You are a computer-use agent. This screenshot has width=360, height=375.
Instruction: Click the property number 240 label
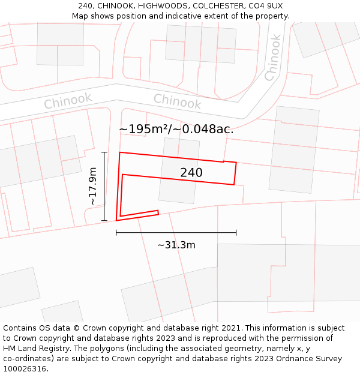pyautogui.click(x=191, y=173)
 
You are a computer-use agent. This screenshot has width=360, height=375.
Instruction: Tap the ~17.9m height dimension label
pyautogui.click(x=93, y=187)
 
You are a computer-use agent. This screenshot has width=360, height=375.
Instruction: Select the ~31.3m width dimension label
pyautogui.click(x=176, y=245)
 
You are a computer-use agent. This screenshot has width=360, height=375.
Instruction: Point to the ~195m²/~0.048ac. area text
pyautogui.click(x=176, y=129)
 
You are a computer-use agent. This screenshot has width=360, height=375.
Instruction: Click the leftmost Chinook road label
pyautogui.click(x=68, y=101)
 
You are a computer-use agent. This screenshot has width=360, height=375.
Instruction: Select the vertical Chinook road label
pyautogui.click(x=272, y=58)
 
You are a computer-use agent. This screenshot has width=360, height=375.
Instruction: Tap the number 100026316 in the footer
pyautogui.click(x=24, y=369)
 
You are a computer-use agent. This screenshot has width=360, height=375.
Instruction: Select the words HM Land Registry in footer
pyautogui.click(x=34, y=349)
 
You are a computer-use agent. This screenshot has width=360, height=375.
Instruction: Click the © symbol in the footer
pyautogui.click(x=76, y=328)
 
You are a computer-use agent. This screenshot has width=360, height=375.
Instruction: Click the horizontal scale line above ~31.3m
pyautogui.click(x=176, y=232)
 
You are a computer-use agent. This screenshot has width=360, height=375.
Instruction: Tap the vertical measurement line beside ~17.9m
pyautogui.click(x=104, y=187)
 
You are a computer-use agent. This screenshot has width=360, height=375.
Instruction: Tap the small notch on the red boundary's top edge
pyautogui.click(x=224, y=161)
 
